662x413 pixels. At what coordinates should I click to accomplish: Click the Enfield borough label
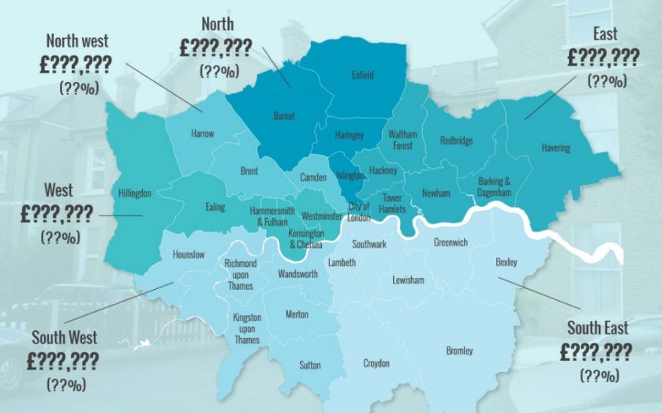362,76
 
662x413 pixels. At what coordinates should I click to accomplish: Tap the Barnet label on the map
284,116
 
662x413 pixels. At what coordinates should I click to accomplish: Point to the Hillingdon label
134,193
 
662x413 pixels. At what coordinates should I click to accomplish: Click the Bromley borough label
459,350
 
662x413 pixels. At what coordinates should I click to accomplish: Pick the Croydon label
376,364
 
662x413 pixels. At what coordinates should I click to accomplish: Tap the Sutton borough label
310,365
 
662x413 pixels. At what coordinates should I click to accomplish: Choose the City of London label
358,212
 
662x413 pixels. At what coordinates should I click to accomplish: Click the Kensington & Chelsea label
306,240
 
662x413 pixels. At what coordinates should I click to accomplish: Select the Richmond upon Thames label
240,273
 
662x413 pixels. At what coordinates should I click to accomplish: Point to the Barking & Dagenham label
495,186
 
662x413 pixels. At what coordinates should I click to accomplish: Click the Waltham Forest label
402,140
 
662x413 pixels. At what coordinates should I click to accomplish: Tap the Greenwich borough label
451,242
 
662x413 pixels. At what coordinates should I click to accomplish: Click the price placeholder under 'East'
603,58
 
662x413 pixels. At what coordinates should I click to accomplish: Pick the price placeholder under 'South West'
62,362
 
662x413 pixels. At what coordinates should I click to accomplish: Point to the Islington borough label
350,175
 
